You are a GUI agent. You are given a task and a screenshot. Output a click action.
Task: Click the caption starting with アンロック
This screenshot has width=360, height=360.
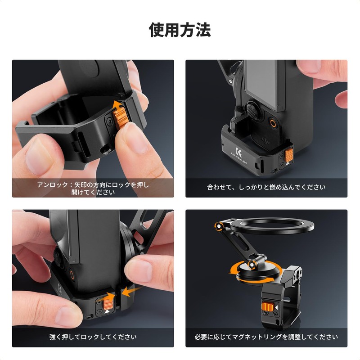pyautogui.click(x=93, y=188)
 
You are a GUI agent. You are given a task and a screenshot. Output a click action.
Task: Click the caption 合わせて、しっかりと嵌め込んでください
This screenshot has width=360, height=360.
pyautogui.click(x=266, y=187)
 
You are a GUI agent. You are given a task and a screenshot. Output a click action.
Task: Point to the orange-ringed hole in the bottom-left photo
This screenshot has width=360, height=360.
pyautogui.click(x=72, y=274)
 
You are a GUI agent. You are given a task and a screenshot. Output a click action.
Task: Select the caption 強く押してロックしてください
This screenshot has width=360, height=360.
pyautogui.click(x=93, y=337)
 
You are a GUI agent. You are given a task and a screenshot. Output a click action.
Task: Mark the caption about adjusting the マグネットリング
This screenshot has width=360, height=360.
pyautogui.click(x=266, y=337)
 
